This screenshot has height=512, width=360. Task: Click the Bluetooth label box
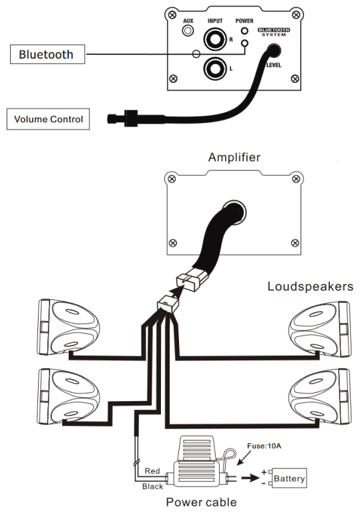[47, 54]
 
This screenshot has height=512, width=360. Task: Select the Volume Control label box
[48, 119]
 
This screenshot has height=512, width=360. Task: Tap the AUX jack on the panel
[188, 31]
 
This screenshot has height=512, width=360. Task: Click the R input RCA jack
[215, 39]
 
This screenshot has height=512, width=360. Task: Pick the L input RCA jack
[215, 69]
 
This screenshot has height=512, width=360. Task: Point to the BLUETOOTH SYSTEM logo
[274, 31]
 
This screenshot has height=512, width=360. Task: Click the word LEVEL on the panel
[274, 65]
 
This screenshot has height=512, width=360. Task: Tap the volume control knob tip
[112, 118]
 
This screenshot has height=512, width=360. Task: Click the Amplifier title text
[234, 157]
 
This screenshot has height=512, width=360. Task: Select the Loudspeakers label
[311, 286]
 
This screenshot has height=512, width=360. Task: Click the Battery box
[289, 479]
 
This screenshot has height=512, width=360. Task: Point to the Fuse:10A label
[264, 446]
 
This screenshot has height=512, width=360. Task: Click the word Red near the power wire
[152, 471]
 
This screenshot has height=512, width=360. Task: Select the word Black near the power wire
[153, 487]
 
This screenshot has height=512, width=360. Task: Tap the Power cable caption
[202, 502]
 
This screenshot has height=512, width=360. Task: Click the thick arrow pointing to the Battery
[250, 478]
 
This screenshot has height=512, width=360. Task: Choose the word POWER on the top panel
[244, 21]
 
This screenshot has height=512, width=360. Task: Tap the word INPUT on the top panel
[215, 21]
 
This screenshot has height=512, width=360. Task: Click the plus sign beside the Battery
[264, 472]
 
